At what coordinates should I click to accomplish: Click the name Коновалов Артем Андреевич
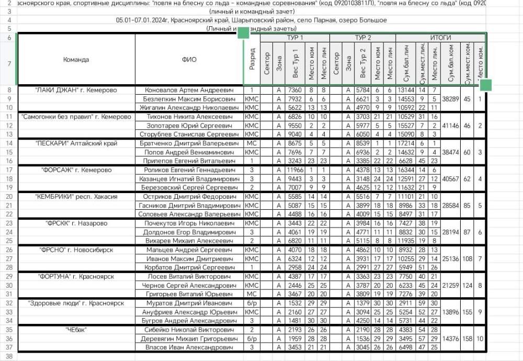189,90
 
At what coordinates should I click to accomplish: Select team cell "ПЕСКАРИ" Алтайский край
76,143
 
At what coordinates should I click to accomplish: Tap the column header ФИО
189,60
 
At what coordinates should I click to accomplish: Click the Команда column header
76,60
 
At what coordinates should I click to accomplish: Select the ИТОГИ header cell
440,38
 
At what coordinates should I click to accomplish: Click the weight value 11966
295,170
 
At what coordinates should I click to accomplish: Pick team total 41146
450,126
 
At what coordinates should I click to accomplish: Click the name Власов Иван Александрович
189,347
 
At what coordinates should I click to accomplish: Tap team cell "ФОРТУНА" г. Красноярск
76,276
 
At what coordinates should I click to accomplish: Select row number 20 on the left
9,197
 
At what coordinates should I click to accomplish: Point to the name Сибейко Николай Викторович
189,330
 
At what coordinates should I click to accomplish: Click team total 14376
450,339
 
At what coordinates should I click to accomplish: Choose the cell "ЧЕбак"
76,330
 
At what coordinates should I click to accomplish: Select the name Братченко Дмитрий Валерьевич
189,143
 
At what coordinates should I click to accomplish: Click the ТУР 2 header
362,38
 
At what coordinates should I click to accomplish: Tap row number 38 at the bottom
9,356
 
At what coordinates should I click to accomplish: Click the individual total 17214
406,143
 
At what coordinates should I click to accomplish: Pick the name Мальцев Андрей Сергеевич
189,250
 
